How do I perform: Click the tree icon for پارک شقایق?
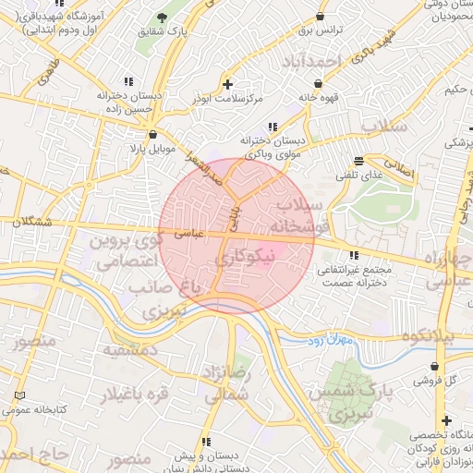(163, 18)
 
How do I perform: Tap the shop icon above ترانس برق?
(320, 16)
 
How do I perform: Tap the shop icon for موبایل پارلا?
(139, 134)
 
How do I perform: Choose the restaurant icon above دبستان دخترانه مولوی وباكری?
(271, 127)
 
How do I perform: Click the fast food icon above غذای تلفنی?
(358, 161)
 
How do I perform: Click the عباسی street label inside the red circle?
(189, 236)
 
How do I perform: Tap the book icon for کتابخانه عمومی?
(20, 394)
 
